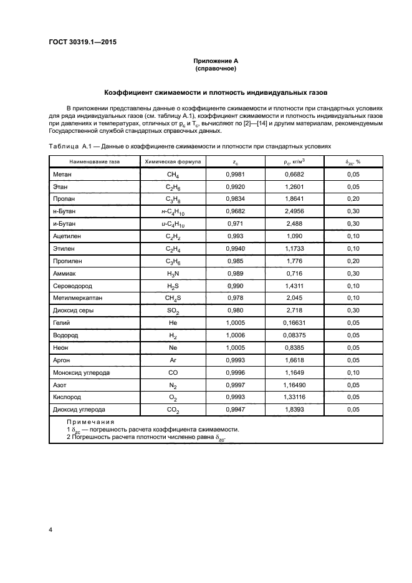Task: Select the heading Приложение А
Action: coord(216,61)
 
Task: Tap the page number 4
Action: coord(50,529)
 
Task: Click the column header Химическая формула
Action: coord(173,161)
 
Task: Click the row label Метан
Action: coord(64,175)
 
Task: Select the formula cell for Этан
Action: coord(173,188)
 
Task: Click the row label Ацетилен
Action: coord(68,236)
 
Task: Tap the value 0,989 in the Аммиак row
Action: coord(234,274)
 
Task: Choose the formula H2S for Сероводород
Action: coord(173,286)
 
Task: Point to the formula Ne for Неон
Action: coord(173,347)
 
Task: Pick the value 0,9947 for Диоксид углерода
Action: coord(234,409)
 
